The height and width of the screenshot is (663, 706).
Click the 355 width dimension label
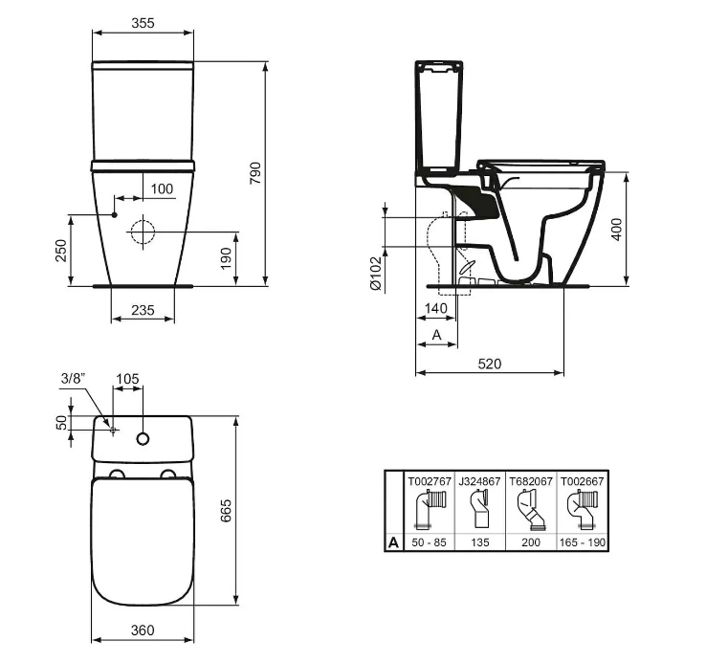click(143, 23)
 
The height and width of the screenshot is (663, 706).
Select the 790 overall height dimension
click(255, 173)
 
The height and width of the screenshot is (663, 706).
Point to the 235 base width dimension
click(143, 310)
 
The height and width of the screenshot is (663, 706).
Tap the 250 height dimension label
click(61, 251)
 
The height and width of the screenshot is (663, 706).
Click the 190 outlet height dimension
click(226, 258)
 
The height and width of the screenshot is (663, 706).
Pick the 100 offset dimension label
click(162, 188)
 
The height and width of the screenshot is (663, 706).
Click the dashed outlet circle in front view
click(143, 232)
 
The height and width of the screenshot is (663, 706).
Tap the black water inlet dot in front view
click(115, 215)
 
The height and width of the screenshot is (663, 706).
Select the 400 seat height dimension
click(617, 230)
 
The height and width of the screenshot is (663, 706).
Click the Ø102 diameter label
click(376, 273)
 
